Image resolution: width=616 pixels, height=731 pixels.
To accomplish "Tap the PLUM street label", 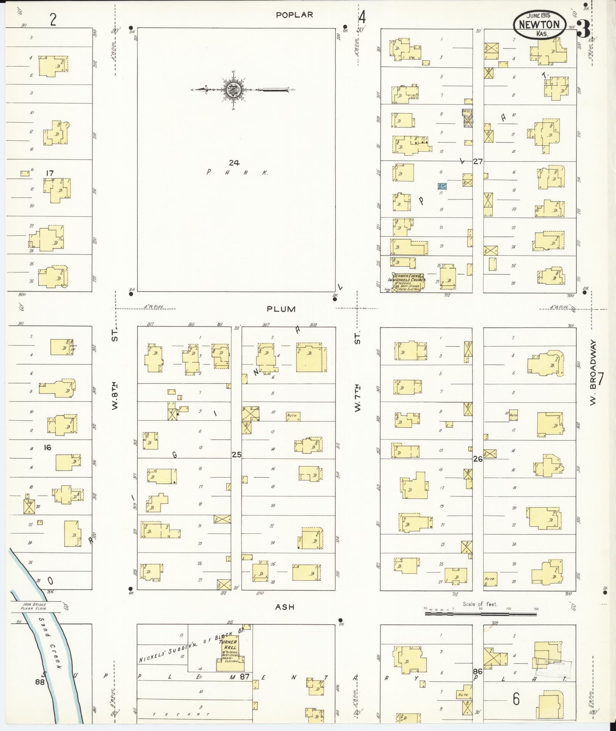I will point(281,309).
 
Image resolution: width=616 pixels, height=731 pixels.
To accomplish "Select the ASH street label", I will point(285,607).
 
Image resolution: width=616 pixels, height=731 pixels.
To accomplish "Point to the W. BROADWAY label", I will point(593,373).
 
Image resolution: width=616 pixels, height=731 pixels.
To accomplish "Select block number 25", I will point(236,454).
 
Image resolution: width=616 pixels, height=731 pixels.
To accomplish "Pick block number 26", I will point(478,459).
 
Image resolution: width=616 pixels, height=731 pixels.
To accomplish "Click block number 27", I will point(478,161).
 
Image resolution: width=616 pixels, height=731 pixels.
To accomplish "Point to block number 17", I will point(49,173).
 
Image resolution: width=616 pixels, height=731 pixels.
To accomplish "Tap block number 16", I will point(47,447).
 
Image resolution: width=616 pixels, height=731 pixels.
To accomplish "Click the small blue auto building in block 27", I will point(442,186).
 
